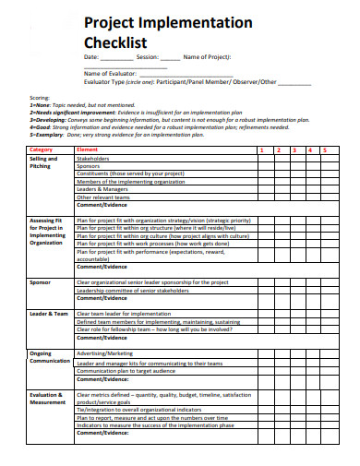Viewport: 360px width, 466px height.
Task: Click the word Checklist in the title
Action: tap(116, 42)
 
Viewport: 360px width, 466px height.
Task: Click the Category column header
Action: tap(42, 149)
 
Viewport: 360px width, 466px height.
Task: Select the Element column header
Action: tap(87, 149)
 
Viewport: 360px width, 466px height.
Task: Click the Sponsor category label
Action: tap(41, 281)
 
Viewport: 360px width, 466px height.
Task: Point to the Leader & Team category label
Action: tap(49, 313)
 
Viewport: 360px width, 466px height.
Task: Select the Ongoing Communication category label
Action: tap(47, 356)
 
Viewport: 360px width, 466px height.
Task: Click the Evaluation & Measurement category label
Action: tap(47, 398)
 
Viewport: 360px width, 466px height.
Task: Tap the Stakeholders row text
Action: tap(93, 158)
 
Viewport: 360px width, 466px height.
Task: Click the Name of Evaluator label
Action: tap(109, 73)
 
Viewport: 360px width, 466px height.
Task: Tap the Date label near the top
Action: tap(92, 57)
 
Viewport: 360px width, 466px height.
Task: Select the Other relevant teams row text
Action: tap(103, 197)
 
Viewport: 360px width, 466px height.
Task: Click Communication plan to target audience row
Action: tap(126, 371)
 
